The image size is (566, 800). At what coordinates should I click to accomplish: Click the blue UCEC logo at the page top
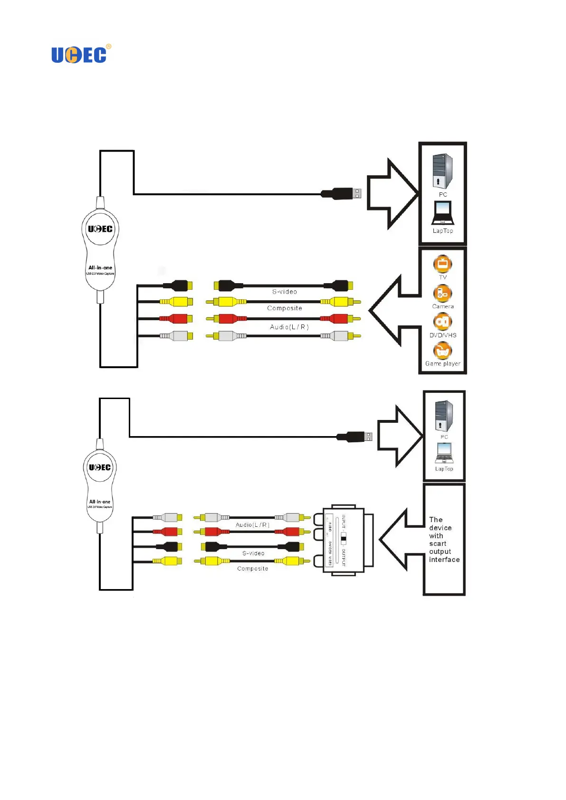(79, 55)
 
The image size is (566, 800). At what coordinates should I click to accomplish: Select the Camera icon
(442, 294)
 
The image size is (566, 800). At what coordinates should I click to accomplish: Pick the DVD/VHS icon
(442, 322)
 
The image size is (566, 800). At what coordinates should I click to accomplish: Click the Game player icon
(442, 351)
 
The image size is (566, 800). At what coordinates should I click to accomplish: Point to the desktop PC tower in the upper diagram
(442, 171)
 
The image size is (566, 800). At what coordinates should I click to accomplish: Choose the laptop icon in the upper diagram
(442, 213)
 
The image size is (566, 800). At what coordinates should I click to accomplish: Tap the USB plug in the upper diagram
(342, 193)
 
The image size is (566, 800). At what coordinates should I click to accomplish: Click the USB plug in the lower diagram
(355, 437)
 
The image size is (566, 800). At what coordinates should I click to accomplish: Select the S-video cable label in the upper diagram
(284, 292)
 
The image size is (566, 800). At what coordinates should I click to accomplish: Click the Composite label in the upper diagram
(284, 308)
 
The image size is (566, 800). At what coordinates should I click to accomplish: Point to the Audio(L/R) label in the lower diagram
(252, 525)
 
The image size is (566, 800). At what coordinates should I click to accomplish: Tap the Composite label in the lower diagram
(252, 569)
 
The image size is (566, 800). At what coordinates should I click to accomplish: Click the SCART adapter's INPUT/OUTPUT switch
(344, 538)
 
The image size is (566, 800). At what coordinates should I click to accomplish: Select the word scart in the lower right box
(438, 543)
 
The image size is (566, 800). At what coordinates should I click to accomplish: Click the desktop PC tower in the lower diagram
(444, 416)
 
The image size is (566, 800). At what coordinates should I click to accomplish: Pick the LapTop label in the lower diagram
(444, 469)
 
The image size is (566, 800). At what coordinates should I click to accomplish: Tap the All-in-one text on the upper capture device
(100, 267)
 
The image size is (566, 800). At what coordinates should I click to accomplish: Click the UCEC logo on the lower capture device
(100, 467)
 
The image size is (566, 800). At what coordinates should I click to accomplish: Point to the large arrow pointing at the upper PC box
(393, 193)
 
